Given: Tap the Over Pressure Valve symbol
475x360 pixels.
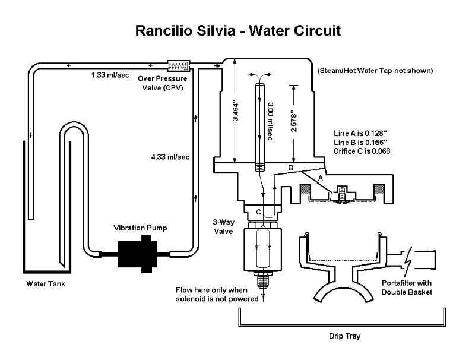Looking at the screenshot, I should click(x=178, y=64).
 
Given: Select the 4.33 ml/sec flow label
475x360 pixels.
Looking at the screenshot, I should click(x=170, y=157).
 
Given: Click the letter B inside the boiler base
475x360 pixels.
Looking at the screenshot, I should click(x=290, y=169).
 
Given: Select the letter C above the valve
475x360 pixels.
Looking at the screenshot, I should click(x=258, y=211).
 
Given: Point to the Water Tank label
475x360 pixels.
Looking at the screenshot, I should click(x=45, y=283).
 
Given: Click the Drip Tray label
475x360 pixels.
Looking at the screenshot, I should click(x=345, y=336).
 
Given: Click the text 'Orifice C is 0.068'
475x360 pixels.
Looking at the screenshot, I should click(x=362, y=151).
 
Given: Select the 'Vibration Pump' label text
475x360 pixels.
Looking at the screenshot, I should click(x=141, y=228).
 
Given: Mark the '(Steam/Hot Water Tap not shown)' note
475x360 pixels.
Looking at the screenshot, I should click(x=375, y=71).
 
